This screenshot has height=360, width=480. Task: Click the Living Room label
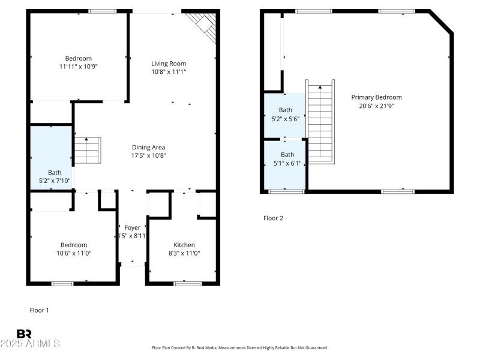169,64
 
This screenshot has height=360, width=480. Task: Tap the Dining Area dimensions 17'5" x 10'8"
149,155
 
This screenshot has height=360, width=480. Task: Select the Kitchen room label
184,245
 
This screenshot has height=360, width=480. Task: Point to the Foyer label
132,227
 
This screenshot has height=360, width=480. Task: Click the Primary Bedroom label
376,97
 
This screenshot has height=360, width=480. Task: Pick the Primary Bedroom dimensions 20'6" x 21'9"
376,106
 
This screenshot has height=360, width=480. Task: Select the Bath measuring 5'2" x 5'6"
286,114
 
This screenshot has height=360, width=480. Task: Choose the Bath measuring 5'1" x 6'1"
286,158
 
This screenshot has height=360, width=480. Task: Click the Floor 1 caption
40,310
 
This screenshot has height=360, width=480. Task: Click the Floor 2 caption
273,218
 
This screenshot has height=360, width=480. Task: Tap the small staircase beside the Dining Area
88,150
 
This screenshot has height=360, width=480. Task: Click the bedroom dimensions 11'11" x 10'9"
78,67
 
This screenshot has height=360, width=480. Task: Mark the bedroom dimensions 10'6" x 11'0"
73,253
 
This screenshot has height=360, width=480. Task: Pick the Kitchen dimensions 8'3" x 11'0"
184,253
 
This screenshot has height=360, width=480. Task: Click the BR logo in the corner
24,334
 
